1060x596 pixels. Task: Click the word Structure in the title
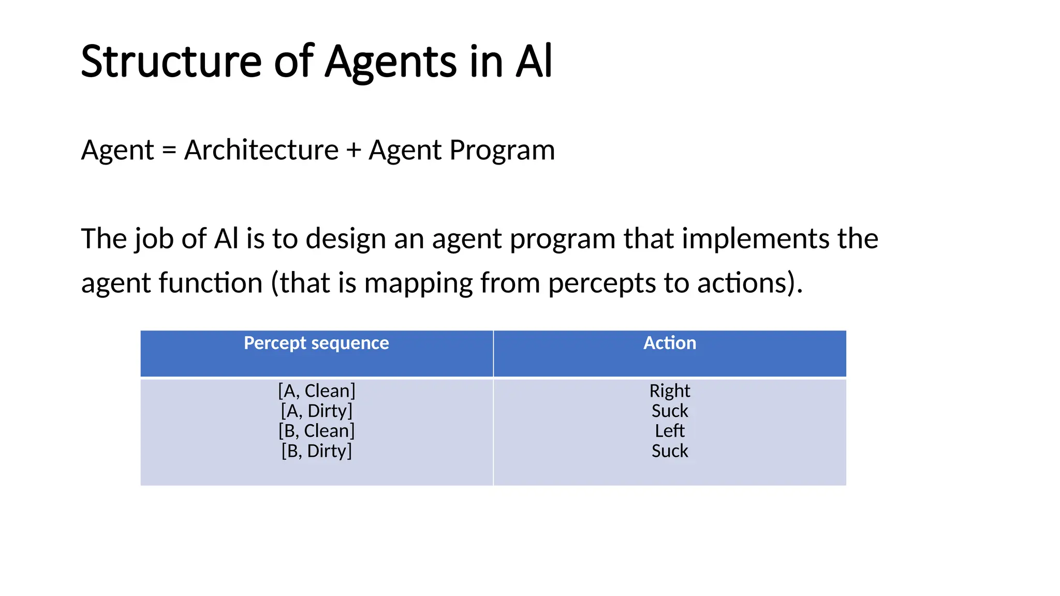(171, 62)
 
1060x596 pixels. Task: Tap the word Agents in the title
(391, 62)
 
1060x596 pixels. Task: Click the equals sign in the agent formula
(169, 151)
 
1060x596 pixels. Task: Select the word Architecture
(261, 151)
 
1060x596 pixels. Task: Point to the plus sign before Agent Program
(354, 151)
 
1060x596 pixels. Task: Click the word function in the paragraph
(211, 284)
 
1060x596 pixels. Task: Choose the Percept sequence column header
(316, 343)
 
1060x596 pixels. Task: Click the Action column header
(670, 343)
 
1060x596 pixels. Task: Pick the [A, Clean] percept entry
(316, 391)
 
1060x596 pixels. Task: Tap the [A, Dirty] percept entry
(316, 411)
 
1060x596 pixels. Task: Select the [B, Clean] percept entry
(316, 431)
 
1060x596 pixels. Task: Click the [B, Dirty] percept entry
(316, 451)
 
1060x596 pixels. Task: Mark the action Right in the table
(670, 391)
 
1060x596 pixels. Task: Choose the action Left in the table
(670, 431)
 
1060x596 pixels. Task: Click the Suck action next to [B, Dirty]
(670, 451)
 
